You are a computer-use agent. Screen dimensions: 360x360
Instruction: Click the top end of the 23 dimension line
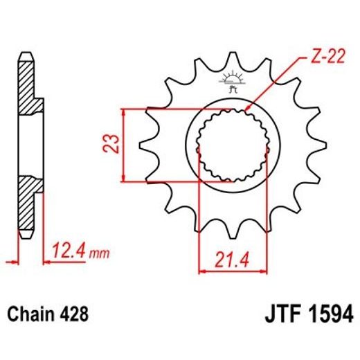point(123,110)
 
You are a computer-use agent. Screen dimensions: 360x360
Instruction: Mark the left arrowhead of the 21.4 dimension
point(201,269)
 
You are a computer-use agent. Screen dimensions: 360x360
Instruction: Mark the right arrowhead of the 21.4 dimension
point(264,269)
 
